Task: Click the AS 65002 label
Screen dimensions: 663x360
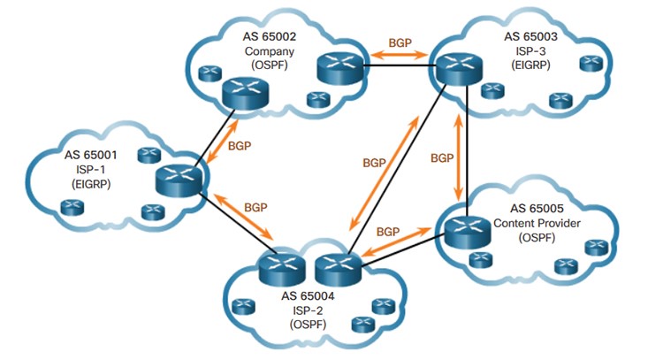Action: tap(269, 36)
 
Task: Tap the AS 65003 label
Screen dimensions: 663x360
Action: tap(530, 36)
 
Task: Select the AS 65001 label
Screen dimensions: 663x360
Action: tap(90, 155)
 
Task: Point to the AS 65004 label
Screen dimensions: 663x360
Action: tap(308, 295)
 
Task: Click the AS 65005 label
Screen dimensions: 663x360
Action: tap(537, 208)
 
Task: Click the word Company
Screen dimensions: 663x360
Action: tap(270, 51)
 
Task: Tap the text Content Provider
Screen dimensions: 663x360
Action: tap(537, 223)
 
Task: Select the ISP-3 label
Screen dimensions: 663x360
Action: tap(530, 51)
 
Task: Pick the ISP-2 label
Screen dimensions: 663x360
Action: tap(308, 310)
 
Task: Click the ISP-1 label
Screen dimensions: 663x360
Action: tap(91, 170)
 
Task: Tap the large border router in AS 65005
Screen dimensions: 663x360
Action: tap(468, 232)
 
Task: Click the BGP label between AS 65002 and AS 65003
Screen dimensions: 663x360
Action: tap(400, 42)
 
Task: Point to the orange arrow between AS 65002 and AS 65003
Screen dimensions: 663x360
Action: tap(400, 54)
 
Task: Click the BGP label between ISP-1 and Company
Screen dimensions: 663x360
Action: tap(240, 146)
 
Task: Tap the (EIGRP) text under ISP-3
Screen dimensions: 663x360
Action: tap(530, 65)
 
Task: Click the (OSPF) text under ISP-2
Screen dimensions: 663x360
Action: tap(308, 325)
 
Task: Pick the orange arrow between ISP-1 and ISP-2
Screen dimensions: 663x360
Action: tap(244, 217)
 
